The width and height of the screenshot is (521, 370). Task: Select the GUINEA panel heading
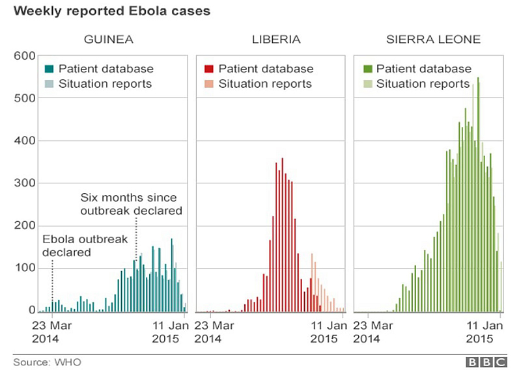point(109,40)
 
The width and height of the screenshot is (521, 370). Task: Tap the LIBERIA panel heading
point(276,40)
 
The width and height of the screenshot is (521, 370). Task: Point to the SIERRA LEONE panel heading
point(433,40)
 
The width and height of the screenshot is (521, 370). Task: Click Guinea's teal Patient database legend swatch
point(49,69)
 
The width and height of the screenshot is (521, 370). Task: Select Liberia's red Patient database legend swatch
point(208,69)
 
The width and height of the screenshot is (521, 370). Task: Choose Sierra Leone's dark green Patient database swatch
point(367,69)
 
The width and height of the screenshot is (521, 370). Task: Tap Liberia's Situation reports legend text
point(265,84)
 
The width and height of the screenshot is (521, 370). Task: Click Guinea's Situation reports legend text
point(105,84)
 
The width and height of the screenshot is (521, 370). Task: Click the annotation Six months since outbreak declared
point(131,204)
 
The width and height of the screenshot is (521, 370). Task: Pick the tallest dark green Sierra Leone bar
point(478,195)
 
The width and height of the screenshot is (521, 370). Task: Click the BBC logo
point(485,362)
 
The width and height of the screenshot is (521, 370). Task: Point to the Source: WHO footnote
point(48,362)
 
